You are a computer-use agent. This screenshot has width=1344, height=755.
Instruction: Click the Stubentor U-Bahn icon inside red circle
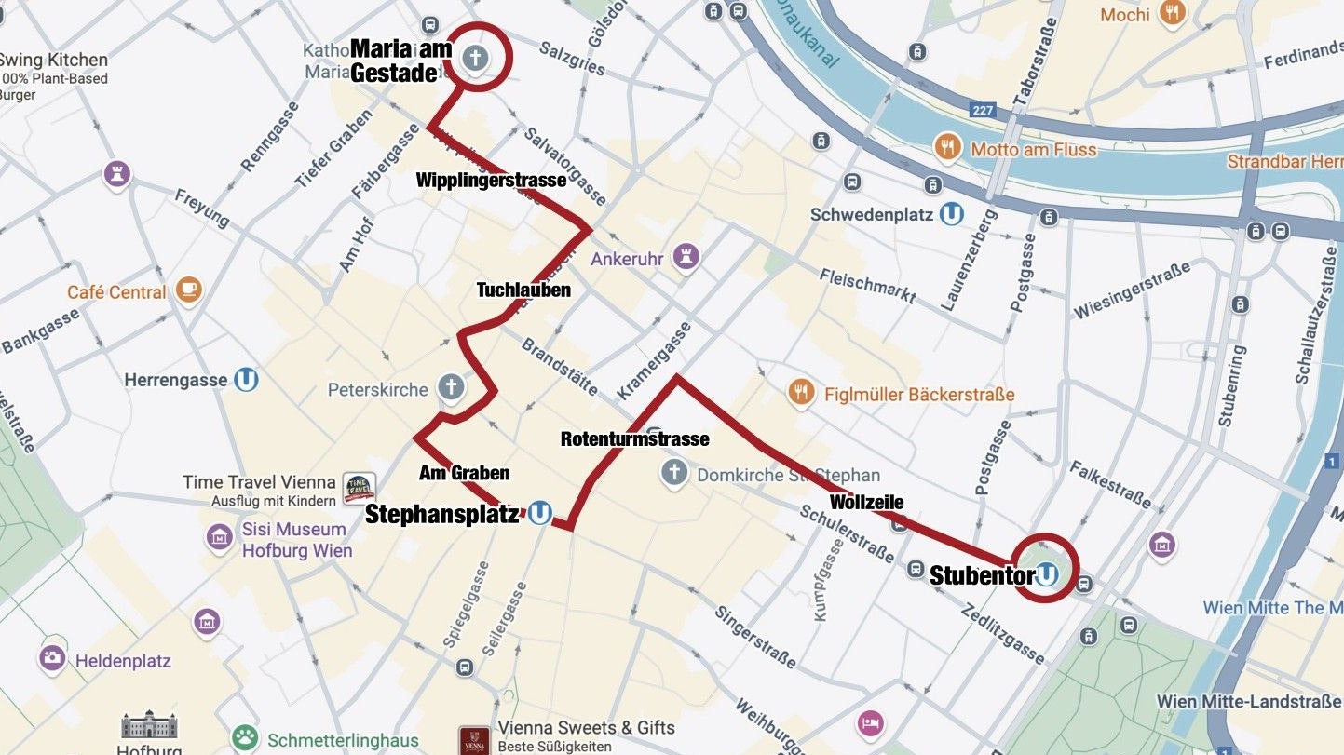click(x=1047, y=574)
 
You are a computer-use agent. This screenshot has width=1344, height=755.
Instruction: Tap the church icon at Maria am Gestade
click(x=474, y=58)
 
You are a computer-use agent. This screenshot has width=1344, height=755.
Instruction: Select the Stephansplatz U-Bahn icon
click(x=539, y=513)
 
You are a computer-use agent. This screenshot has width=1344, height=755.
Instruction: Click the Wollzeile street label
click(x=866, y=503)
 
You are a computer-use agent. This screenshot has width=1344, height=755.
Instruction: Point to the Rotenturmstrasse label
click(x=634, y=438)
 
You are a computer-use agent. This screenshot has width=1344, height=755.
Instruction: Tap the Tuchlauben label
click(x=523, y=290)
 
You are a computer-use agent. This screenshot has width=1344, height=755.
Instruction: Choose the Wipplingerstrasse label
click(x=491, y=180)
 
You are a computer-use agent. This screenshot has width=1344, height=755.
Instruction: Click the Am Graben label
click(x=464, y=473)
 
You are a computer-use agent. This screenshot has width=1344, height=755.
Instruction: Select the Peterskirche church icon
click(x=450, y=388)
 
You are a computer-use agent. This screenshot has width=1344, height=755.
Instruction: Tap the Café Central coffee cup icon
click(x=189, y=290)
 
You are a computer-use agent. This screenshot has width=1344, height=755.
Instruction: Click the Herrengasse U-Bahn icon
click(x=246, y=380)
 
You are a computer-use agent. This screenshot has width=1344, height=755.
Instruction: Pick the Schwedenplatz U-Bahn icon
click(x=951, y=214)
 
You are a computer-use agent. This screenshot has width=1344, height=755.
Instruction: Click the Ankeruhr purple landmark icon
click(x=686, y=258)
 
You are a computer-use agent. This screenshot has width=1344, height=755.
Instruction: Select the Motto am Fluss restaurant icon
click(x=947, y=148)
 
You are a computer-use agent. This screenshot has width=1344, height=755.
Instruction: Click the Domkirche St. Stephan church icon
click(x=673, y=473)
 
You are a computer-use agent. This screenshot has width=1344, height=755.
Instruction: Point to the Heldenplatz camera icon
click(x=52, y=659)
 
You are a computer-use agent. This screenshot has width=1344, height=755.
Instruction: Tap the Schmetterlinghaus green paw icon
click(x=245, y=739)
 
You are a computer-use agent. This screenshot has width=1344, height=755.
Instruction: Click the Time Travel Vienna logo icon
click(x=360, y=487)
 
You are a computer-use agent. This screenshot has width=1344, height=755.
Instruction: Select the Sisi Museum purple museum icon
click(x=219, y=539)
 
